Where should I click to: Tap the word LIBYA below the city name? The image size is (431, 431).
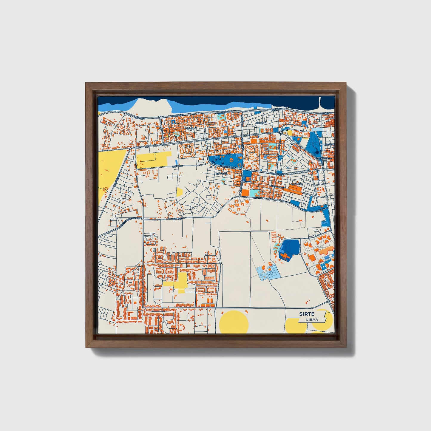point(312,320)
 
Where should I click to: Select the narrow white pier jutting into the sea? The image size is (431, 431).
point(320,103)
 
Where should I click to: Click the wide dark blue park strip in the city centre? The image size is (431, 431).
point(225,161)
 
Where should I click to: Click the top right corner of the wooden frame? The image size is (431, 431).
point(347,83)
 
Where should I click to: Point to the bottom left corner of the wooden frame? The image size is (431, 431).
point(86,347)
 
